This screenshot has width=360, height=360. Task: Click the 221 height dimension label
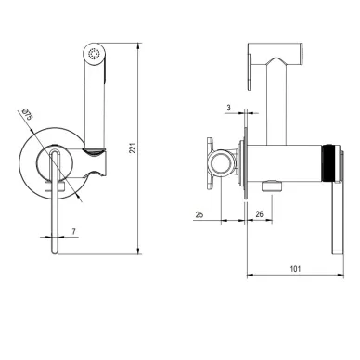[133, 148]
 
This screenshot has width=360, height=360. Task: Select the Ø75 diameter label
[27, 114]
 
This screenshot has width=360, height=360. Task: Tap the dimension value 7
[73, 231]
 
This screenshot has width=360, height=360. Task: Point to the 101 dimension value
[295, 269]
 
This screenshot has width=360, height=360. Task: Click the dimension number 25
[199, 214]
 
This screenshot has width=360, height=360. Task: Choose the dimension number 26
[259, 214]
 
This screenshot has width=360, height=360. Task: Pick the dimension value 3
[228, 108]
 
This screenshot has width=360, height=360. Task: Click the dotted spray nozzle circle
[95, 54]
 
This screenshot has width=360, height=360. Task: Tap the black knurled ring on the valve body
[329, 162]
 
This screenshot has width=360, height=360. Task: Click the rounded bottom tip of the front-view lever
[55, 251]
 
